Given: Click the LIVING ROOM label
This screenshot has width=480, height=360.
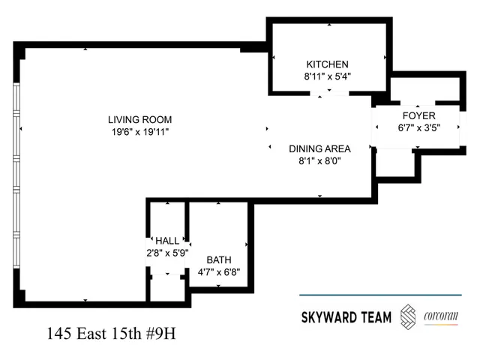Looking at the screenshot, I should (x=139, y=120).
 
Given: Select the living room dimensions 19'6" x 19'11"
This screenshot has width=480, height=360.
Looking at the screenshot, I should (x=139, y=133).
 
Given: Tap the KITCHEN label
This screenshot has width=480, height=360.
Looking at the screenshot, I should (x=327, y=64).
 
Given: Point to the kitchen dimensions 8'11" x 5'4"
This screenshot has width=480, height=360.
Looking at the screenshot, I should (x=327, y=76).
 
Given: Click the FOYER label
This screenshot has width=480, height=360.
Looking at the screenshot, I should (x=418, y=115).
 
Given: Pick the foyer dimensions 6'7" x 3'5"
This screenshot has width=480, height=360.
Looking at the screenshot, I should (x=418, y=127).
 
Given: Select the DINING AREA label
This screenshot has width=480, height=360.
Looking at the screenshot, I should (x=320, y=148).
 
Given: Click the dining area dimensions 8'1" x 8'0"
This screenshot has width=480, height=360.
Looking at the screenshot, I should (x=320, y=160).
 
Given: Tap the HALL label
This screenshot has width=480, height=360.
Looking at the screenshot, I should (x=166, y=241).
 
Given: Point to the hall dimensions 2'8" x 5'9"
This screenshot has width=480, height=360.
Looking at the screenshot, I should (x=166, y=253).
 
